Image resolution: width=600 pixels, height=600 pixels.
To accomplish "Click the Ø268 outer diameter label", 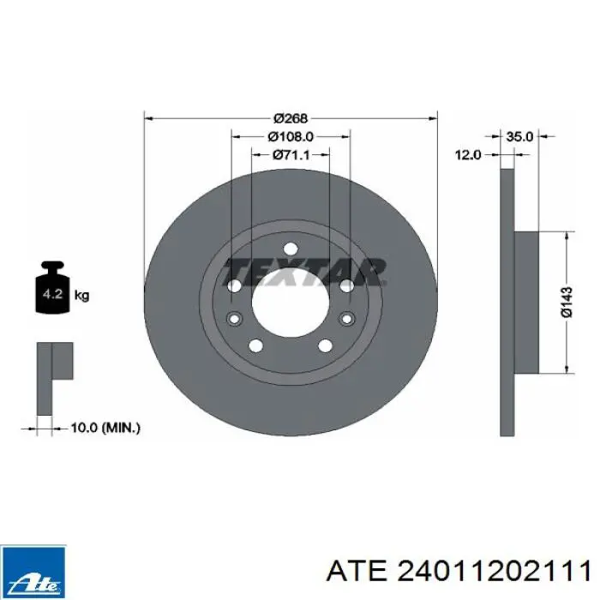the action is click(291, 118).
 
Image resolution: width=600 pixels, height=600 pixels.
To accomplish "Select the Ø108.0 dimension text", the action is click(291, 136).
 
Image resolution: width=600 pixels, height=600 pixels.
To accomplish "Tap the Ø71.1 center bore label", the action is click(291, 154).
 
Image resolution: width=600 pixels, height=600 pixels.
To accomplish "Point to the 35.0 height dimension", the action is click(519, 136).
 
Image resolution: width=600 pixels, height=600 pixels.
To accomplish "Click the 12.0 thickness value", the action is click(468, 155).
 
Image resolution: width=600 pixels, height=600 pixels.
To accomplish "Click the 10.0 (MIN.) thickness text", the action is click(105, 428).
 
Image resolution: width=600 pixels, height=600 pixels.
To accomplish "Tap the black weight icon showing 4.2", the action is click(52, 287).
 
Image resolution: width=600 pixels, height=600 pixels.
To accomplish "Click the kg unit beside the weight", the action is click(81, 295).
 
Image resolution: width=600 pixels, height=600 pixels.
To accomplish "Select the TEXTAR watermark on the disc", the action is click(305, 272).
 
